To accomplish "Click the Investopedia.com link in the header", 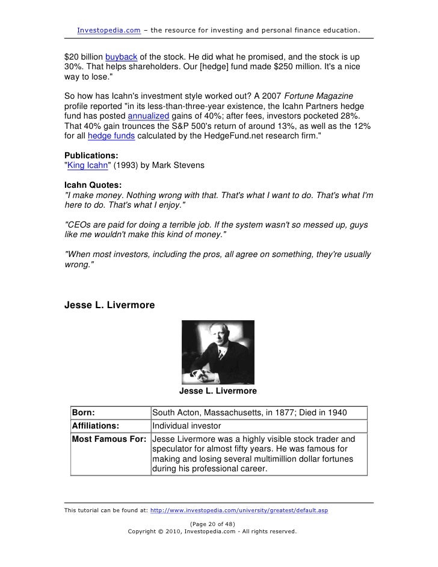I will click(109, 29).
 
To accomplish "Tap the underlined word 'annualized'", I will click(149, 116).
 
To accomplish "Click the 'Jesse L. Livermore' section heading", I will click(109, 305).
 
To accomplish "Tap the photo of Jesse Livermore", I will click(218, 352).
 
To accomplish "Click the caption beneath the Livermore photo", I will click(218, 391).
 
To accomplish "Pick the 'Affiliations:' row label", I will click(96, 426).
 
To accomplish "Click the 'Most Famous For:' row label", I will click(109, 439).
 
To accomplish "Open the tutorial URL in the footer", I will click(239, 510).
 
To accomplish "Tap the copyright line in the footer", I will click(212, 532).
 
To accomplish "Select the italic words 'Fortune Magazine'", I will click(318, 96).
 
